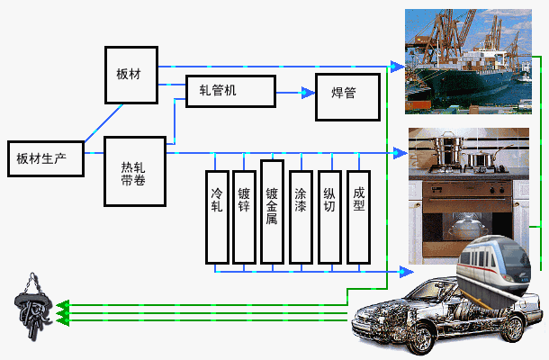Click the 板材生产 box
45,158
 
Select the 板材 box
130,70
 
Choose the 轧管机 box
229,91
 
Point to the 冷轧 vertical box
217,217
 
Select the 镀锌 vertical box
244,217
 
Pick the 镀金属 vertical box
272,212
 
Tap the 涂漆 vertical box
300,217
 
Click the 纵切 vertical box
329,217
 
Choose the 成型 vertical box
358,217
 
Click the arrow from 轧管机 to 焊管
294,92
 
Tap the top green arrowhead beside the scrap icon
62,305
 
